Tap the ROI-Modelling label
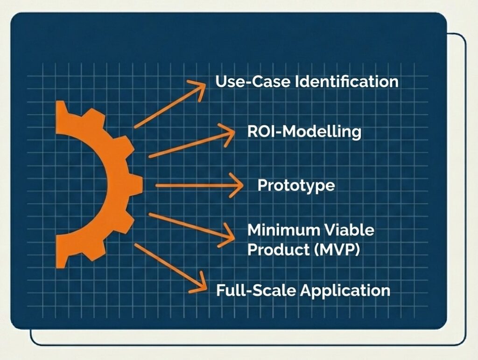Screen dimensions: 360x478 tap(304, 132)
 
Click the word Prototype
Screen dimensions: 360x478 tap(296, 185)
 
